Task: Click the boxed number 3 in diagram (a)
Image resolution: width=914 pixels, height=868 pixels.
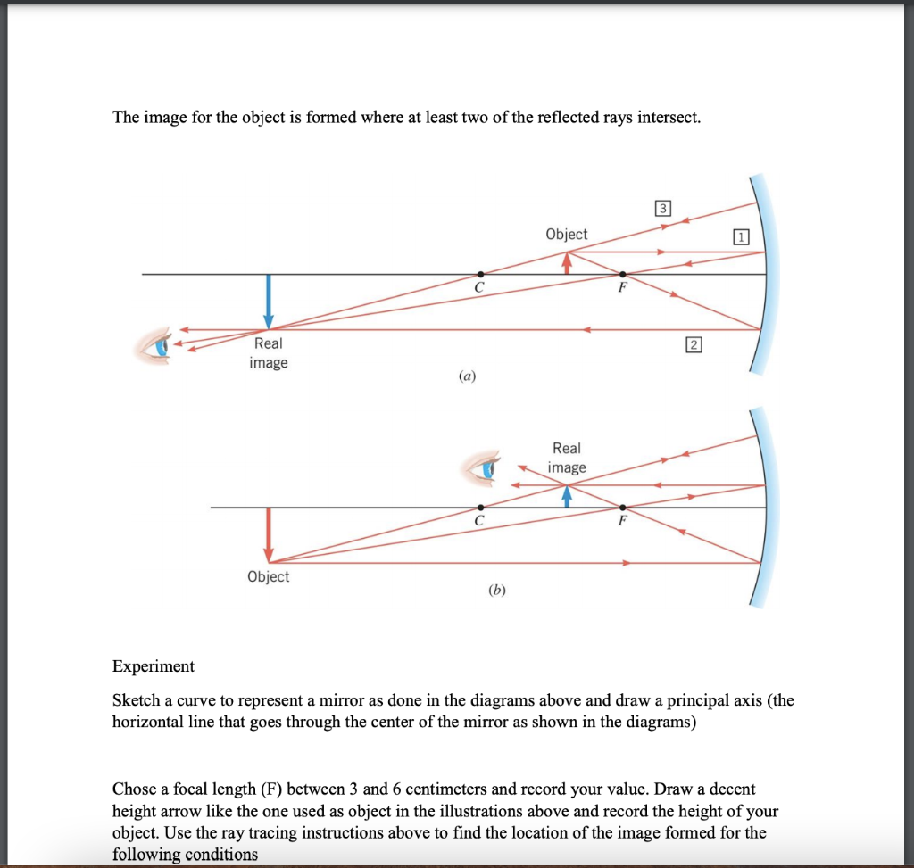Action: (x=661, y=210)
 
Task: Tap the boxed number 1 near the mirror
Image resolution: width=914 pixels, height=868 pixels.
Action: (x=740, y=236)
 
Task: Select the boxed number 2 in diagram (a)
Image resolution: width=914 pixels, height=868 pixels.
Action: (x=693, y=344)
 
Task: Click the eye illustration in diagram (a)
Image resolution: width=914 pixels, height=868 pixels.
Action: (x=158, y=344)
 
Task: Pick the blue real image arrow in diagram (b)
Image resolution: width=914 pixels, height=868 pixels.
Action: (x=567, y=496)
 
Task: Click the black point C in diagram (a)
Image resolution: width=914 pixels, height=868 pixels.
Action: (x=480, y=274)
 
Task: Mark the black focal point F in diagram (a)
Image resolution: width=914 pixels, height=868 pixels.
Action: (x=622, y=274)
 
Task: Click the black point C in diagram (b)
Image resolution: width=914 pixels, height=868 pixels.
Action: (x=480, y=508)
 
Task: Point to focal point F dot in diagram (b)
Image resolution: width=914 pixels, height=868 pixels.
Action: (x=622, y=508)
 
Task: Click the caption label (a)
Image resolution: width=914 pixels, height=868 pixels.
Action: (x=466, y=377)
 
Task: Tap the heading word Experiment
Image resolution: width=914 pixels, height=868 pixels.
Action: (x=153, y=666)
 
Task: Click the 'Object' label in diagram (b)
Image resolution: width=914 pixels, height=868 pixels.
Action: (x=268, y=576)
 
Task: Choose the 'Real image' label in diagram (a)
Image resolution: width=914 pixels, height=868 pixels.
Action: (x=268, y=353)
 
